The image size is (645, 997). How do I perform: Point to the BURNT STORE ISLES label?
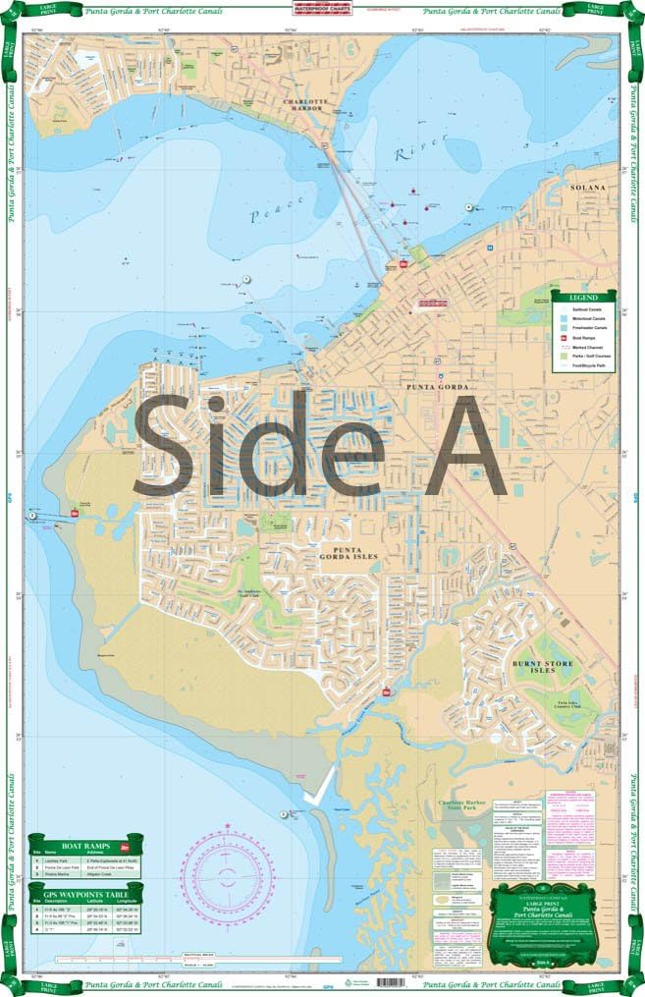tap(540, 668)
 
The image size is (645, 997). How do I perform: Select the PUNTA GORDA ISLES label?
tap(343, 552)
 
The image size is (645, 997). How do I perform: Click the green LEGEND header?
tap(584, 297)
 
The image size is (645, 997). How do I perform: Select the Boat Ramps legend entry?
tap(589, 337)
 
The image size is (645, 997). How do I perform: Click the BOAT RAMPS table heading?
tap(85, 845)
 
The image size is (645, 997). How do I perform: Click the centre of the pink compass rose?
tap(228, 873)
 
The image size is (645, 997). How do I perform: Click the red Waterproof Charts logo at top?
tap(322, 13)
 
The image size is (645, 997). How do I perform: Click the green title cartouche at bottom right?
tap(557, 923)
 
